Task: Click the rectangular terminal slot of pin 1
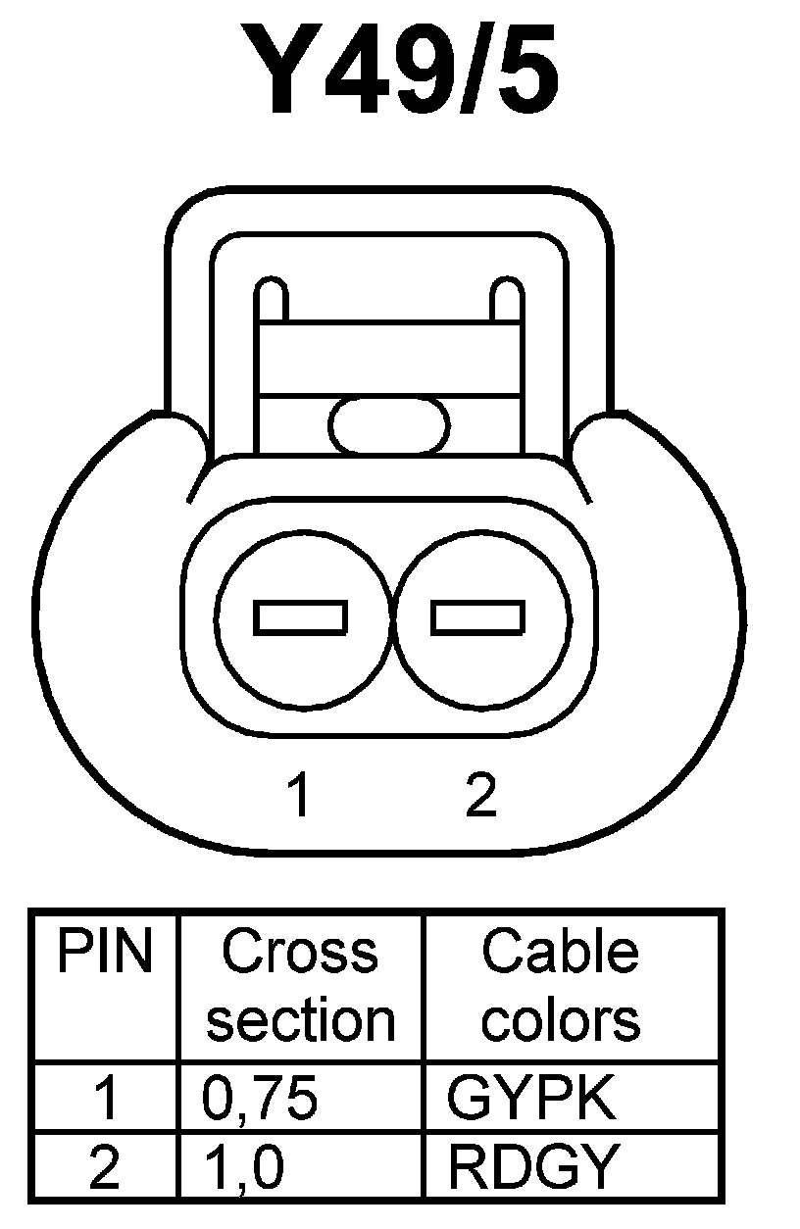click(300, 617)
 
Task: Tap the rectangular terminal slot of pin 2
click(477, 617)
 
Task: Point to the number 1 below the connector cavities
click(299, 795)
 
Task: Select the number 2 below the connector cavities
click(481, 795)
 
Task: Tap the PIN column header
click(106, 952)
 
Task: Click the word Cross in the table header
click(300, 952)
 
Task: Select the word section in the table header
click(300, 1019)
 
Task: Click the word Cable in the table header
click(560, 952)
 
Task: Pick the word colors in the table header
click(561, 1019)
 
